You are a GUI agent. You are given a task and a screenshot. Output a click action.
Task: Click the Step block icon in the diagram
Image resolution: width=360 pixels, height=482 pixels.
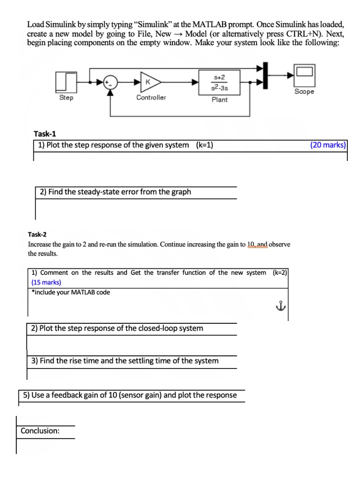pyautogui.click(x=66, y=81)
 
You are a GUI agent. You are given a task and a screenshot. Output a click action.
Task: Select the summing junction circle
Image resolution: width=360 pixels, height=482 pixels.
pyautogui.click(x=110, y=81)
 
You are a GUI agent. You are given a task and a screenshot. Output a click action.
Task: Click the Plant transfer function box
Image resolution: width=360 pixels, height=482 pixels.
pyautogui.click(x=220, y=81)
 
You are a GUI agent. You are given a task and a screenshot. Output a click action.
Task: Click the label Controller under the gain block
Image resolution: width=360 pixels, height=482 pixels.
pyautogui.click(x=151, y=97)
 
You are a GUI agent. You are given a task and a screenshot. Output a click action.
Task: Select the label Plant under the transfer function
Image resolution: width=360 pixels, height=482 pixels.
pyautogui.click(x=219, y=99)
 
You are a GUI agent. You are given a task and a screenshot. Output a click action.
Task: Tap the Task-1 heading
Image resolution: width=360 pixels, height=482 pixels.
pyautogui.click(x=45, y=134)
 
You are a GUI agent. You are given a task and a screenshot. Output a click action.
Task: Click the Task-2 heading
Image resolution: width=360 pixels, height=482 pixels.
pyautogui.click(x=38, y=234)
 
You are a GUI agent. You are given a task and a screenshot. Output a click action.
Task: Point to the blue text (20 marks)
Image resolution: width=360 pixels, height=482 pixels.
pyautogui.click(x=328, y=145)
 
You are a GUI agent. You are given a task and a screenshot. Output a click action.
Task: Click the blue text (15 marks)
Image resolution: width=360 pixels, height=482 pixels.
pyautogui.click(x=46, y=282)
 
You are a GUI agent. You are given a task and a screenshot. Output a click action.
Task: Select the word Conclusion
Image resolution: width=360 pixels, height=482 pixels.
pyautogui.click(x=40, y=431)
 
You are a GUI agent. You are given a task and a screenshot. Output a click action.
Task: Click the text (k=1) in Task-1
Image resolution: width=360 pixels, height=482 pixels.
pyautogui.click(x=204, y=145)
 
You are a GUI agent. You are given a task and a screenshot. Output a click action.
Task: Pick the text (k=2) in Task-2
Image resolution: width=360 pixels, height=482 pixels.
pyautogui.click(x=280, y=273)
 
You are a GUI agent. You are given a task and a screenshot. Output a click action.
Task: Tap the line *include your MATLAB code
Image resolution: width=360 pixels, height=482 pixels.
pyautogui.click(x=71, y=292)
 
